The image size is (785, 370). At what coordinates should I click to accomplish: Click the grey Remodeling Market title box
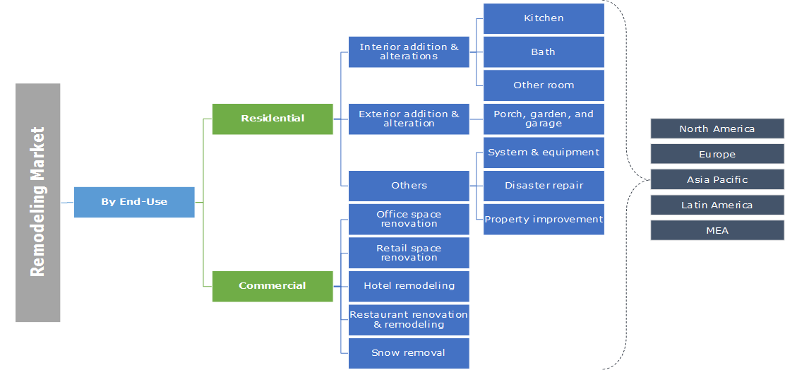click(37, 203)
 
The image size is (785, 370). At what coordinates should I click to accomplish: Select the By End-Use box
click(134, 202)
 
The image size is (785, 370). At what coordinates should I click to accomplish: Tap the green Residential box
click(272, 119)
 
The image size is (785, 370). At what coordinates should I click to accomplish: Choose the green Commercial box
click(272, 286)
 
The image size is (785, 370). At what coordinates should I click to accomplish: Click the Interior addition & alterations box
click(409, 52)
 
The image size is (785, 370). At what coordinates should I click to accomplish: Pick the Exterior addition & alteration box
click(409, 119)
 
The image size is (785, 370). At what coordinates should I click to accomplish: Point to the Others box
click(409, 186)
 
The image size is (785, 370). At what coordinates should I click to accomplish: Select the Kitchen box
click(544, 18)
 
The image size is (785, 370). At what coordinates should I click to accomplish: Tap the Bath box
click(544, 52)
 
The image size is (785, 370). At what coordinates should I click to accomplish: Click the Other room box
click(544, 85)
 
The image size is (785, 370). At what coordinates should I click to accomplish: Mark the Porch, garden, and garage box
click(544, 119)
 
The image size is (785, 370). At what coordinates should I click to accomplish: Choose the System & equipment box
click(544, 153)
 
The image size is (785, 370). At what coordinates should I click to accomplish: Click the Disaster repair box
click(544, 186)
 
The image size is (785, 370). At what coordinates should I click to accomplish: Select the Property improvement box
click(544, 219)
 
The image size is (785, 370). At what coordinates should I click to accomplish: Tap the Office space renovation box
click(409, 219)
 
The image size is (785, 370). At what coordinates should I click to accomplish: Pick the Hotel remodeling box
click(409, 286)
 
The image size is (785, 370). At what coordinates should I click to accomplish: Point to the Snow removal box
click(409, 352)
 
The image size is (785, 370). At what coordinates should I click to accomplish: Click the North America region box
click(717, 129)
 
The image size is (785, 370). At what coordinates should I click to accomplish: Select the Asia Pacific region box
click(717, 179)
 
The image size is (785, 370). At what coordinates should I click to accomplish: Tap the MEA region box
click(717, 230)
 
